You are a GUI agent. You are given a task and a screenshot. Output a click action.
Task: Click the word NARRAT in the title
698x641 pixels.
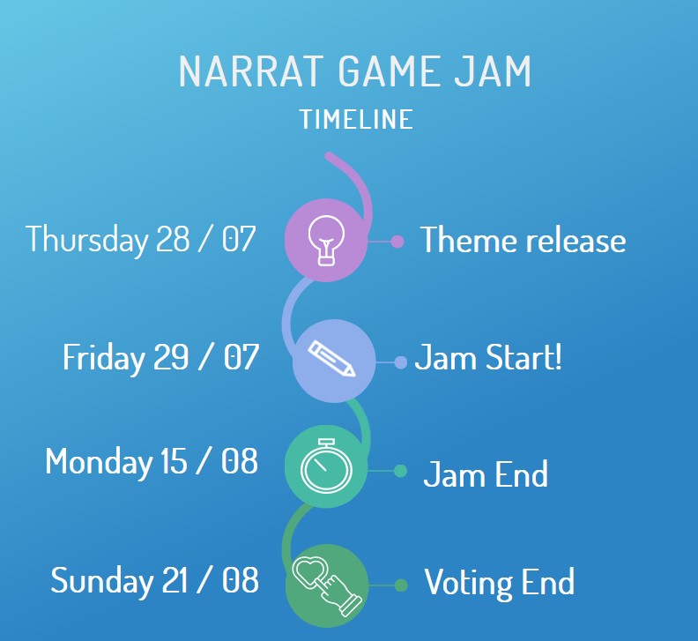click(249, 71)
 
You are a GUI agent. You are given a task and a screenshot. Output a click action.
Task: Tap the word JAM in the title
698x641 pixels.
click(494, 71)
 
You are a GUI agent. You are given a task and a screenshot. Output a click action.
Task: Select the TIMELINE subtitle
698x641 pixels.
click(357, 119)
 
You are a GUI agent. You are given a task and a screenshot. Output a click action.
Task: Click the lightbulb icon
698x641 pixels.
click(326, 241)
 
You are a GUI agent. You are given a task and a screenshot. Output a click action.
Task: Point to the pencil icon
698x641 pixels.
click(332, 359)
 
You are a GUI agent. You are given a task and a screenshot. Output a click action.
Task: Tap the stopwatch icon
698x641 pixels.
click(326, 466)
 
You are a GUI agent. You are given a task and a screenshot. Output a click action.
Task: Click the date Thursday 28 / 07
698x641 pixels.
click(141, 240)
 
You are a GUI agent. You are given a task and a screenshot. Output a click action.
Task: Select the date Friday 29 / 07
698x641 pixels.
click(160, 357)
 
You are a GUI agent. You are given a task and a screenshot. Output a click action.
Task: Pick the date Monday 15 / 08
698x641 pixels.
click(152, 461)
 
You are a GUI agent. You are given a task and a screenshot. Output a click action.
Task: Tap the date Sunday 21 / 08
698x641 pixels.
click(154, 580)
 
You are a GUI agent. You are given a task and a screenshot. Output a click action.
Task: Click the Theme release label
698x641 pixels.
click(523, 240)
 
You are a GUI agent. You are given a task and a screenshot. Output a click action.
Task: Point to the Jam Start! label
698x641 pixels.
click(488, 357)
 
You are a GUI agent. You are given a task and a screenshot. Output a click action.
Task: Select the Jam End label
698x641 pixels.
click(486, 474)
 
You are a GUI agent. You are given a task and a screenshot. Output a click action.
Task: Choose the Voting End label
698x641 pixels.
click(500, 582)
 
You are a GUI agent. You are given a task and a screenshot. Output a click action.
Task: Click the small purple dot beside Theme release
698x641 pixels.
click(397, 242)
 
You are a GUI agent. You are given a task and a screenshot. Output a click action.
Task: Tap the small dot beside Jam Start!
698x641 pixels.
click(401, 362)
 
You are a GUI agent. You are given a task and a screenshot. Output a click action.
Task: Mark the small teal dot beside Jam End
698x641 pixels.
click(400, 471)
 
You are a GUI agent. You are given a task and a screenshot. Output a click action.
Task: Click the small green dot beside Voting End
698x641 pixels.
click(401, 585)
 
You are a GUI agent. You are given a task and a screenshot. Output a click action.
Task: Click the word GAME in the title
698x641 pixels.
click(389, 71)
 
